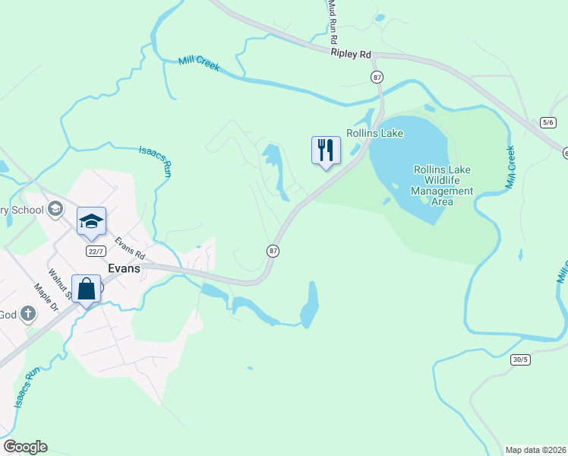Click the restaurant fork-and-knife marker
[x=326, y=149]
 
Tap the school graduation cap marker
[x=91, y=220]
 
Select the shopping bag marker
[x=86, y=289]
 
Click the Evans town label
[x=125, y=268]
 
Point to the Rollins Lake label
[x=374, y=133]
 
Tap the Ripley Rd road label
[x=351, y=54]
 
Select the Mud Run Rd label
[x=333, y=21]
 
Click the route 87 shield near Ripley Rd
[x=377, y=77]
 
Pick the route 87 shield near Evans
[x=273, y=250]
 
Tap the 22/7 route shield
[x=96, y=251]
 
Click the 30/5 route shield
[x=520, y=359]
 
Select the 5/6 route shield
[x=548, y=122]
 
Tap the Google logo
[x=25, y=447]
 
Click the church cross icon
[x=27, y=313]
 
